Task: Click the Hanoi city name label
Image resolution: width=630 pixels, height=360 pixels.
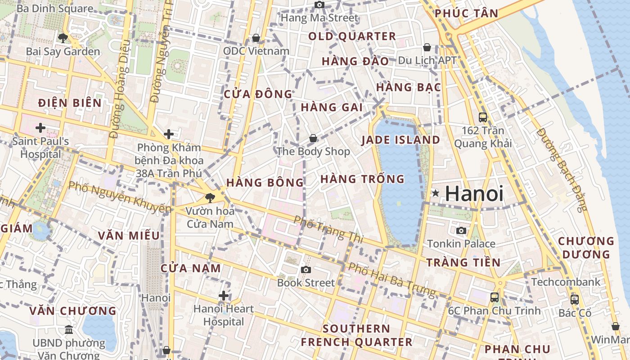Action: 474,194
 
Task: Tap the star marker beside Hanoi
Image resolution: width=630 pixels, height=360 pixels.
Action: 435,193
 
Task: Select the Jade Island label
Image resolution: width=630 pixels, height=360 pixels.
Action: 400,140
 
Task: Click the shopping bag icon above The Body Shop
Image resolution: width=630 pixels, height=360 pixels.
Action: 313,138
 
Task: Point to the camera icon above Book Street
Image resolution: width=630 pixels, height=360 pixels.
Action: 306,270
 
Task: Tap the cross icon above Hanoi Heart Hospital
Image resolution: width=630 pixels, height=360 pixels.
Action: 224,296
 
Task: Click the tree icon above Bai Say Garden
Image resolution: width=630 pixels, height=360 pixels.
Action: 63,38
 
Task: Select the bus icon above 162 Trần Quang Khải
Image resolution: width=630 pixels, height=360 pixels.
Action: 483,117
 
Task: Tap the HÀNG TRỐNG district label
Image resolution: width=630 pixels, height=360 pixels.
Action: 362,179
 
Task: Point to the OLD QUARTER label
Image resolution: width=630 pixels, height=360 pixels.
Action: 352,36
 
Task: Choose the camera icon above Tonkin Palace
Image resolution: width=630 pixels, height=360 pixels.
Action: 461,231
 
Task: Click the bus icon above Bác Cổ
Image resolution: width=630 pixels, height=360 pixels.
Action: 575,299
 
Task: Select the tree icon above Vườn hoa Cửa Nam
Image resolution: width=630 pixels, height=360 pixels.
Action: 210,198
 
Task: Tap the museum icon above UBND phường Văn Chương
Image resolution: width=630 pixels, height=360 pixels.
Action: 69,330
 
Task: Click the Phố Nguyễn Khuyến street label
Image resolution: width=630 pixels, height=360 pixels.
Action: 120,197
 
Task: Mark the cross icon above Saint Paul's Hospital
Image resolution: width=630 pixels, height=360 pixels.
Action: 40,128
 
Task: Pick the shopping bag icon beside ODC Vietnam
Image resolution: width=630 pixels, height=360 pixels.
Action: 256,38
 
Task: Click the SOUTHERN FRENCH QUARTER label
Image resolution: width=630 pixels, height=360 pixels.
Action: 356,335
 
